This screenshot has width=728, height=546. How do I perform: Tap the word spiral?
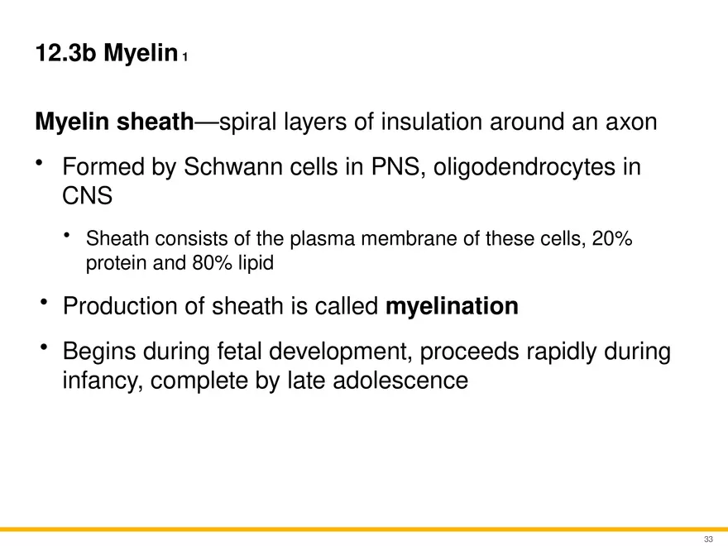tap(249, 122)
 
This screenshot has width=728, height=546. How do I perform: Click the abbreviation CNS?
tap(86, 197)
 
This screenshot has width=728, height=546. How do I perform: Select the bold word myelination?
tap(453, 307)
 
